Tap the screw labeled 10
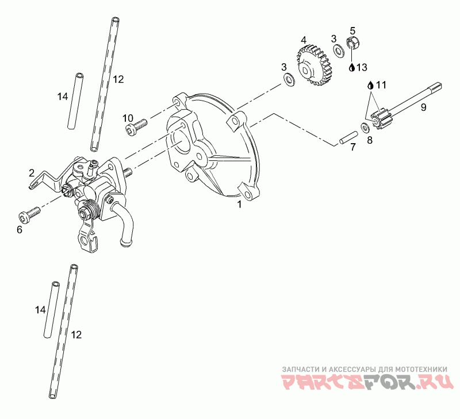[x=136, y=126]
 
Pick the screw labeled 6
[x=29, y=216]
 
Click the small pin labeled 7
[x=348, y=137]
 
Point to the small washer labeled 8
[x=365, y=127]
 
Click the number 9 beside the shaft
[x=423, y=107]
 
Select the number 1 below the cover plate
[x=239, y=204]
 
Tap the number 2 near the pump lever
[x=32, y=173]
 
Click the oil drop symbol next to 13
[x=352, y=67]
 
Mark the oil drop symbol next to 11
[x=371, y=85]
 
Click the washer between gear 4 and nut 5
[x=339, y=51]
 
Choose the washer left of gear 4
[x=289, y=80]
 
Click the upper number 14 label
[x=63, y=96]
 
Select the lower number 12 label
[x=76, y=335]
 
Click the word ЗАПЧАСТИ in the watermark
[x=300, y=369]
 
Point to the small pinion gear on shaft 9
[x=379, y=117]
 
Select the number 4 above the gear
[x=304, y=40]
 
